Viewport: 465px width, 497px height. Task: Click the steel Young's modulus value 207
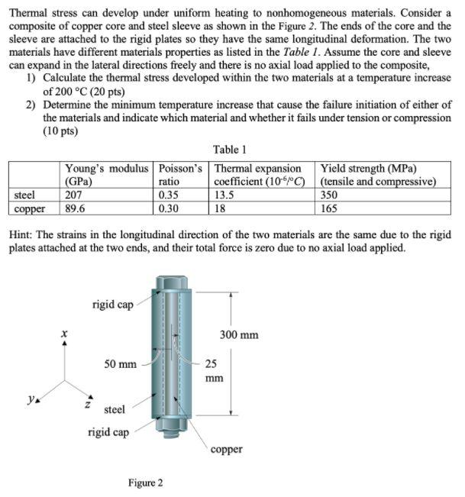tap(75, 195)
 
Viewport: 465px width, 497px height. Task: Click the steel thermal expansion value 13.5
tap(224, 195)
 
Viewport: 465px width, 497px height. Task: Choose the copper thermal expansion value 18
tap(221, 208)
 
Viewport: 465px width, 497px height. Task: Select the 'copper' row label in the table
tap(31, 208)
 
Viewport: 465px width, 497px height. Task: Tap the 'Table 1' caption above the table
tap(230, 150)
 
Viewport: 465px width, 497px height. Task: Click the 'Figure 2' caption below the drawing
tap(145, 482)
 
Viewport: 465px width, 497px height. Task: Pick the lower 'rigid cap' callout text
tap(108, 432)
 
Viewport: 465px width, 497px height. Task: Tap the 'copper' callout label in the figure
tap(226, 449)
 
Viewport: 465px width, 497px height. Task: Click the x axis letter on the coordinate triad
tap(65, 334)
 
